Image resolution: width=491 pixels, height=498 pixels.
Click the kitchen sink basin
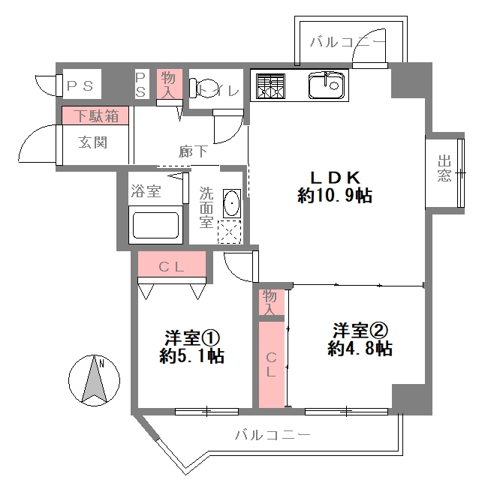[x=326, y=85]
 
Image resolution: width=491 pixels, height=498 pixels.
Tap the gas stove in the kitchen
[x=270, y=86]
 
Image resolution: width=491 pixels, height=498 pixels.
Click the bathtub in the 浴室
[x=155, y=225]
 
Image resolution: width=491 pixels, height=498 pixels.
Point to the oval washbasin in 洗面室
[x=231, y=203]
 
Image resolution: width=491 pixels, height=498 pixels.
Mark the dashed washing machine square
[x=229, y=232]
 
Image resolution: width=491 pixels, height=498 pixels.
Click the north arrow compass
[x=94, y=380]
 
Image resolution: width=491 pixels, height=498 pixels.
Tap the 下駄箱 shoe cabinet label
[x=96, y=115]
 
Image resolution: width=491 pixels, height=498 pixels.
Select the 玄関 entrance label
[x=92, y=142]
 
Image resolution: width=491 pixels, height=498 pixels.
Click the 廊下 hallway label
[x=193, y=151]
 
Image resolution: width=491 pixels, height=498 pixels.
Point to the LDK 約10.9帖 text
[x=335, y=187]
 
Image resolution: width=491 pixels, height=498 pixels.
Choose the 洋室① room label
[x=191, y=338]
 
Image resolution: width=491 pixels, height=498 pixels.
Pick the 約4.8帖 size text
[x=360, y=349]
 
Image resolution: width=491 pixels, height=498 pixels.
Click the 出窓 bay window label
[x=444, y=168]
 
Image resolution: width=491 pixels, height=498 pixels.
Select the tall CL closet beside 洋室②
[x=271, y=364]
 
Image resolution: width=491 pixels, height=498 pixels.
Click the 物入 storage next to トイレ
[x=169, y=84]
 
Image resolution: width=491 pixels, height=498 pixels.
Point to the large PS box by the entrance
[x=82, y=84]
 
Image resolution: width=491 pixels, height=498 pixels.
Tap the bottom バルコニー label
[x=273, y=434]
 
